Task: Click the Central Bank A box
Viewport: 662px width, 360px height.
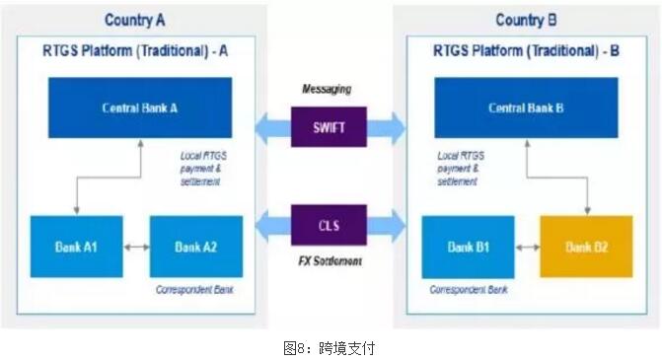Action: coord(140,108)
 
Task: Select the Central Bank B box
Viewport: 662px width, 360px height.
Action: coord(526,108)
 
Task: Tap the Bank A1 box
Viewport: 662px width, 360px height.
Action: coord(75,247)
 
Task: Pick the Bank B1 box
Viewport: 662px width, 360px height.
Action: coord(469,247)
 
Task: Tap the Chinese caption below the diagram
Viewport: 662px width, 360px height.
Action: coord(329,347)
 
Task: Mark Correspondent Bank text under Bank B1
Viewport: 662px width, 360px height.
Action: coord(468,291)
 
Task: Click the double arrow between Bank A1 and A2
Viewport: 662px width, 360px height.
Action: coord(136,247)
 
